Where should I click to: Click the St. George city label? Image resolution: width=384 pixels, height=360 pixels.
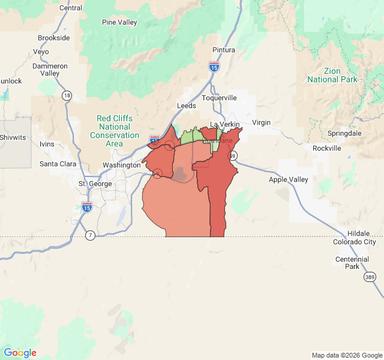point(95,184)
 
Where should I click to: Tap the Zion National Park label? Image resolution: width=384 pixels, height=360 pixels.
point(332,75)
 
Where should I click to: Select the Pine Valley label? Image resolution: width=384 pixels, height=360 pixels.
point(119,23)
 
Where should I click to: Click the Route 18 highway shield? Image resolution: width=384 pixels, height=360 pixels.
point(67,95)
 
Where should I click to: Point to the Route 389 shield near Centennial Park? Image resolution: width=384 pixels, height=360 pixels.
point(370,277)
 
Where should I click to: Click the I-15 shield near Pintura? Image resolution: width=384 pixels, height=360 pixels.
point(214,67)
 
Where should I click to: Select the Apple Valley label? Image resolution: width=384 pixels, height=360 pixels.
point(288,179)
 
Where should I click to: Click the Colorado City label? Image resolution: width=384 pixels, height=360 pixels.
point(353,242)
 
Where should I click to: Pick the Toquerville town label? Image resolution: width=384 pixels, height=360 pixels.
point(219,98)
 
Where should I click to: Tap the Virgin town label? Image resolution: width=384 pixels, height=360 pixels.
point(261,122)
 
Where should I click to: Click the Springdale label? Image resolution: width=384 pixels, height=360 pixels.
point(344,133)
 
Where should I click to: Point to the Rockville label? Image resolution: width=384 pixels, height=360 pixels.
point(326,148)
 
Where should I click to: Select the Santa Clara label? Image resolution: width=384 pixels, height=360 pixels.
point(58,164)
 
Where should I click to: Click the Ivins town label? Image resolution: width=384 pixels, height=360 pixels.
point(46,144)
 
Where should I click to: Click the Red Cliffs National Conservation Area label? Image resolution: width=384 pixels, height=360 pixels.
point(114,127)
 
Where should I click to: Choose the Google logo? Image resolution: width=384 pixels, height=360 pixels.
point(20,353)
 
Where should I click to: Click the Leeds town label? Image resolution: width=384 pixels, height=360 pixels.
point(186,106)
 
